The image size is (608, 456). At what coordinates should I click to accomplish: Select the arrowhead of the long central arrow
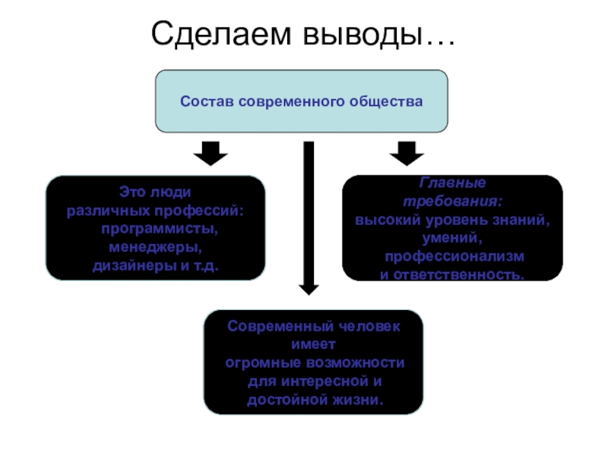309,288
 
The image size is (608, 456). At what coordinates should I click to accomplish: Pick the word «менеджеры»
155,248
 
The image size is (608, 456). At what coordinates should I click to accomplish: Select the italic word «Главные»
452,183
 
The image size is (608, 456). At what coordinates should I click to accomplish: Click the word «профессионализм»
454,255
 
